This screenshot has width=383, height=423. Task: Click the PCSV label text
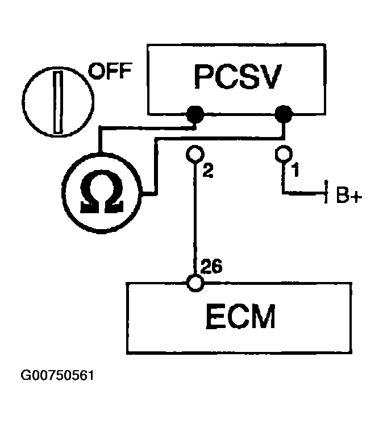point(238,77)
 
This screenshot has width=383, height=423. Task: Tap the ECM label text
point(240,316)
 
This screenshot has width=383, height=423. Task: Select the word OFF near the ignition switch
point(110,70)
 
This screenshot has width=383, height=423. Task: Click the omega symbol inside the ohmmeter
point(102,192)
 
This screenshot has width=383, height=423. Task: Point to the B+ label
point(349,194)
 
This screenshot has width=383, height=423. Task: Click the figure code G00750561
point(57,375)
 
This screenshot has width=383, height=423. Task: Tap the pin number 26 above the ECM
point(211,267)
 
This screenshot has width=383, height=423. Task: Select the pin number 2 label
point(208,171)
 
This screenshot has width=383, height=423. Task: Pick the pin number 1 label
point(296,169)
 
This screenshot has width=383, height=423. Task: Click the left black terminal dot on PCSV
point(195,114)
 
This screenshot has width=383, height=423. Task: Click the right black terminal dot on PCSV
point(283,114)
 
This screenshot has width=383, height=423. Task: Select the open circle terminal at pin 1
point(284,154)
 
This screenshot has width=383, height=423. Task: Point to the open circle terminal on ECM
point(195,283)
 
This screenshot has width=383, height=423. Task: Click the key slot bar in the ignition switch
point(58,102)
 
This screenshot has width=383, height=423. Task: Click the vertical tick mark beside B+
point(326,192)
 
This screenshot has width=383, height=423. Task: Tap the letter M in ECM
point(262,316)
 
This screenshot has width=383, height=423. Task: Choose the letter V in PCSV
point(269,77)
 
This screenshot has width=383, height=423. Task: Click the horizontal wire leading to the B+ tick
point(304,193)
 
